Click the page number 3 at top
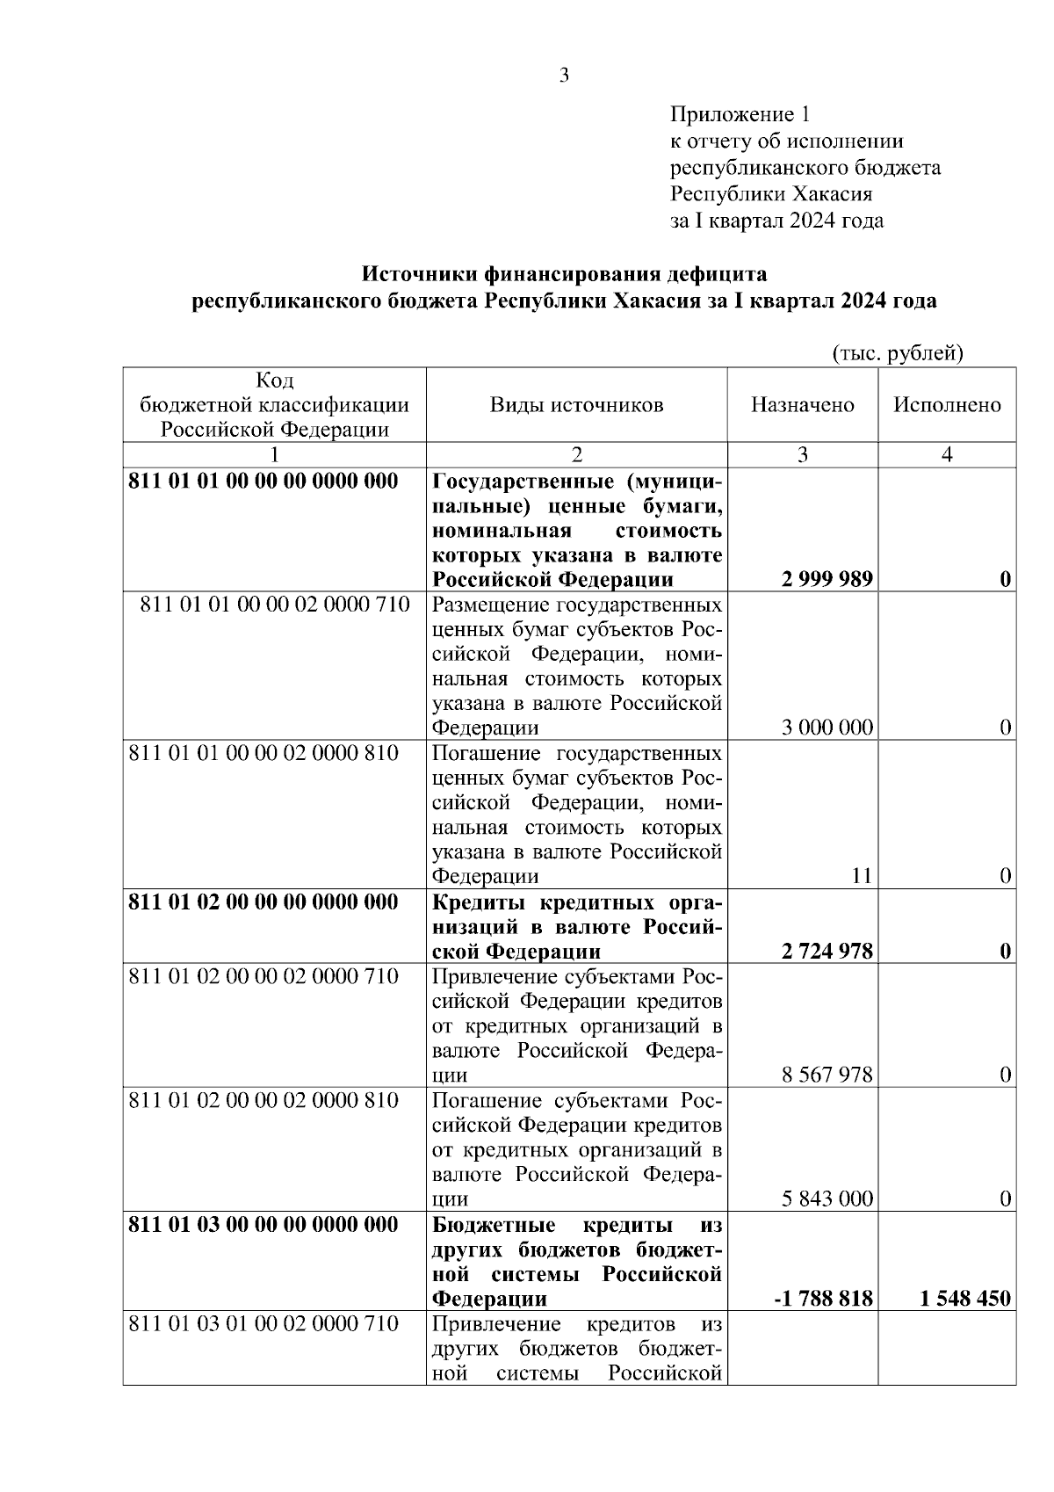pos(564,76)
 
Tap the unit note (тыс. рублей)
pos(898,353)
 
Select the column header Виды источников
pos(576,405)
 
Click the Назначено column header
pos(802,405)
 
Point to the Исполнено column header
pos(947,405)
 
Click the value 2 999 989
pos(826,579)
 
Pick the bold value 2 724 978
pos(826,952)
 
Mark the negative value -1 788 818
pos(823,1299)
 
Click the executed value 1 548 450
pos(965,1299)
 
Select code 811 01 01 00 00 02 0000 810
pos(263,754)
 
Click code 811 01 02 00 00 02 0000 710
pos(263,976)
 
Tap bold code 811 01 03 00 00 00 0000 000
pos(263,1225)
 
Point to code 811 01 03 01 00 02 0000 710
pos(263,1323)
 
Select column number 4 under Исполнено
pos(947,455)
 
